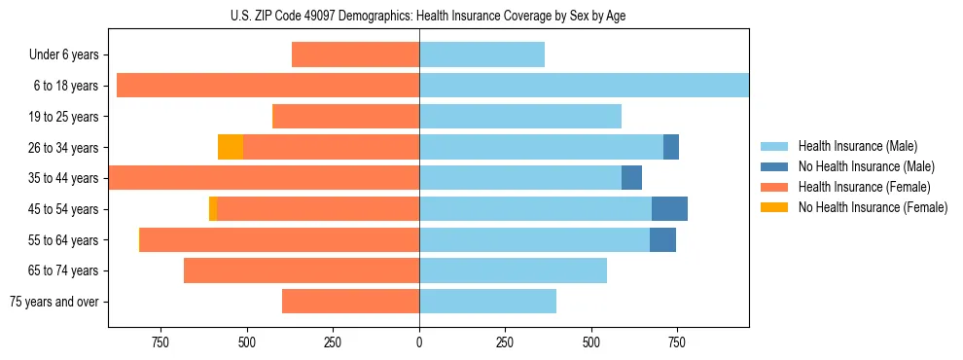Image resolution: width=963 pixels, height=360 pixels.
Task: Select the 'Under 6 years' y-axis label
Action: click(63, 55)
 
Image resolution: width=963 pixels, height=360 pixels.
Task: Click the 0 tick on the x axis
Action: click(419, 342)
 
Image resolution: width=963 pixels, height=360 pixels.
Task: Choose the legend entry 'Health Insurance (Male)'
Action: click(856, 146)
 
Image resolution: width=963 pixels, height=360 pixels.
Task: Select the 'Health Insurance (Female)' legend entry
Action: click(864, 187)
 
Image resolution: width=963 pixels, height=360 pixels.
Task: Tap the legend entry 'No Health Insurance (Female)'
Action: click(873, 207)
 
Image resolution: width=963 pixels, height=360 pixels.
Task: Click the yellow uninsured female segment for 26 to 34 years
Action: click(231, 147)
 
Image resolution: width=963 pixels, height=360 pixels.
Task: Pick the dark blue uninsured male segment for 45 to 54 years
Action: click(669, 209)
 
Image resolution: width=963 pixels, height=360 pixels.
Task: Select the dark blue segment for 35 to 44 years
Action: click(631, 178)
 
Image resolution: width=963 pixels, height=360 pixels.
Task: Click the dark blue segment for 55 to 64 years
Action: click(662, 239)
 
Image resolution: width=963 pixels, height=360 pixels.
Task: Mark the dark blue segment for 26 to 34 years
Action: click(671, 147)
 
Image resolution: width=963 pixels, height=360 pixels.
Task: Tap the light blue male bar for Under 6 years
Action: click(481, 55)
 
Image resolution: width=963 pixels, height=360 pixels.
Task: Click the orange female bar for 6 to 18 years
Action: click(267, 86)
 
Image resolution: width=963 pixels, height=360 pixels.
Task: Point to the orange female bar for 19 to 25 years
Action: click(345, 117)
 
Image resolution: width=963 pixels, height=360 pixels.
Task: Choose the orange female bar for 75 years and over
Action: click(350, 302)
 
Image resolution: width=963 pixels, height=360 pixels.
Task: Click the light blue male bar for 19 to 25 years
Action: click(520, 117)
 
